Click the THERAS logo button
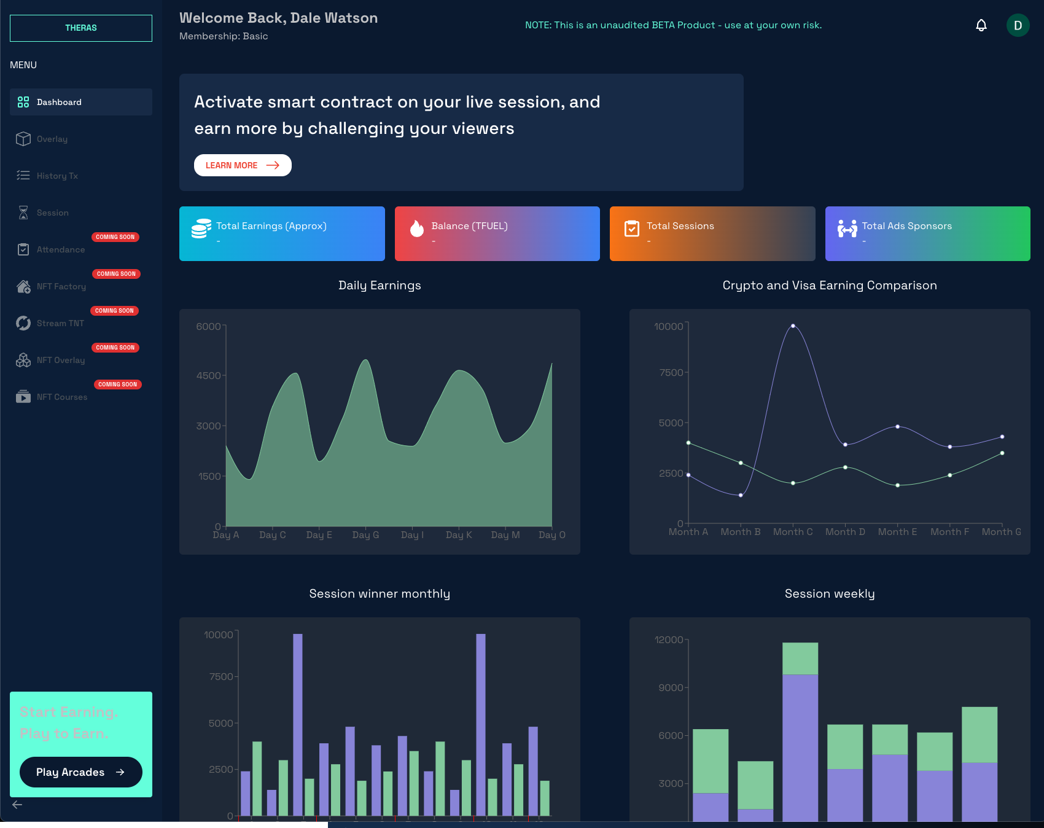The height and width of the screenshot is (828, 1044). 81,28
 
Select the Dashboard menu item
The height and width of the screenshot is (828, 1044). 59,102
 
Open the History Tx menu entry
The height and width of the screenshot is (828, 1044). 57,176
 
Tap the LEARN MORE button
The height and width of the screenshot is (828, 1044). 243,165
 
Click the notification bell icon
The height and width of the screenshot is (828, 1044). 981,25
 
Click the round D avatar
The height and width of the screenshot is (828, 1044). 1018,25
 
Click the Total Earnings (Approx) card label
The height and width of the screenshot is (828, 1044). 271,226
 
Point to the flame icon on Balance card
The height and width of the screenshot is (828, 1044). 417,228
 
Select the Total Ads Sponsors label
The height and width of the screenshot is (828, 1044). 906,226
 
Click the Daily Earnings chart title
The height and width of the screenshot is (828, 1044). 380,285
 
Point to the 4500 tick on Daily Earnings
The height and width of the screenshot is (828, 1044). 208,375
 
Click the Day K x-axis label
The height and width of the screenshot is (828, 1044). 459,535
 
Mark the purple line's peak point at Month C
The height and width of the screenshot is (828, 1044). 793,326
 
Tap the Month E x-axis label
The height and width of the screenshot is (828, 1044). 897,532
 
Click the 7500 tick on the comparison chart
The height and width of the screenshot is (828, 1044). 671,373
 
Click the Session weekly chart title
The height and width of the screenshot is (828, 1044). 830,593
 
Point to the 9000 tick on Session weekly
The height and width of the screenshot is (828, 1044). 671,687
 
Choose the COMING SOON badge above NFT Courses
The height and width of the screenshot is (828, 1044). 118,385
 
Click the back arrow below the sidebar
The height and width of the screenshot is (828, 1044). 17,805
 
